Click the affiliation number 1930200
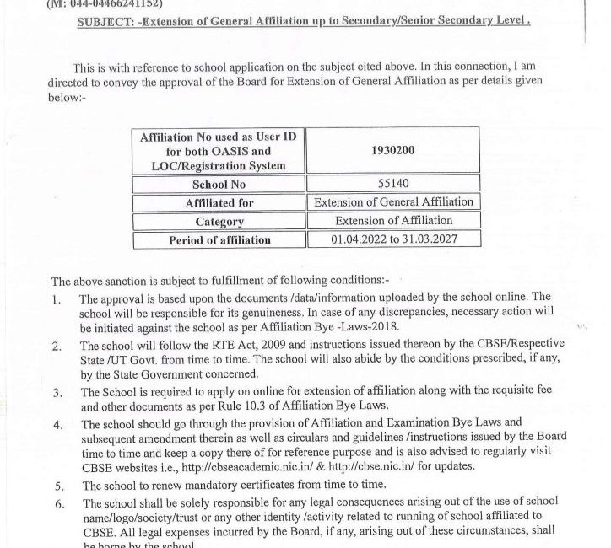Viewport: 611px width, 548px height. [392, 149]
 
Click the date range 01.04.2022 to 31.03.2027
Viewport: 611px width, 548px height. [393, 240]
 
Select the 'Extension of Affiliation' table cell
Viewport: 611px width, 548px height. [393, 221]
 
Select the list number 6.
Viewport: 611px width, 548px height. [57, 503]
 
